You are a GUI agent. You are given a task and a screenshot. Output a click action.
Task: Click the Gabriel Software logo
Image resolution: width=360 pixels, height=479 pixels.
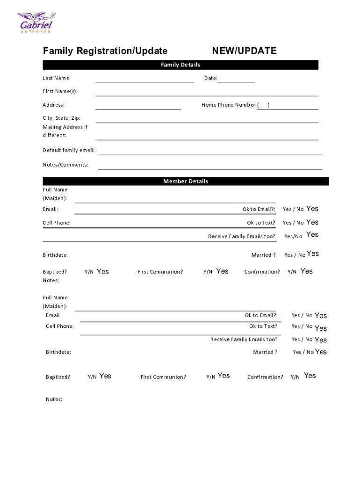pos(36,22)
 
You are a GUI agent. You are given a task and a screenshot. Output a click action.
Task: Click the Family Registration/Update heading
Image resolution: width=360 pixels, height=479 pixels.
pos(105,51)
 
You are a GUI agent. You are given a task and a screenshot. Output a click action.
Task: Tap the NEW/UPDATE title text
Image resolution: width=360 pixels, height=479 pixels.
pos(244,51)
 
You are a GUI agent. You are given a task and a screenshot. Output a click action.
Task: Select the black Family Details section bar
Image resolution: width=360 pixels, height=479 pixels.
pos(180,65)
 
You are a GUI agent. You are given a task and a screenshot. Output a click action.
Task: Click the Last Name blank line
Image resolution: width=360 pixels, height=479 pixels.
pos(144,81)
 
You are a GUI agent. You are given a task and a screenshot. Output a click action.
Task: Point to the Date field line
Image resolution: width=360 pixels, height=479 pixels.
pos(236,81)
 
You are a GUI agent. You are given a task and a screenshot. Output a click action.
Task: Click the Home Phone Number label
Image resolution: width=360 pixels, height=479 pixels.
pos(229,105)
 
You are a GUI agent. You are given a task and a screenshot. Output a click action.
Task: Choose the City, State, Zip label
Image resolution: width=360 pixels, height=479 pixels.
pos(62,118)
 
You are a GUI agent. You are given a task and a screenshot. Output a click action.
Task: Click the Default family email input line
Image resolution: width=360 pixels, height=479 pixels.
pos(210,153)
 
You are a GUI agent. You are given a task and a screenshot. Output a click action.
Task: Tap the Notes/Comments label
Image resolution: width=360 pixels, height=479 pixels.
pos(65,165)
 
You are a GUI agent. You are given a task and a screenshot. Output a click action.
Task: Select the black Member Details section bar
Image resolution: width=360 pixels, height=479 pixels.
pos(186,181)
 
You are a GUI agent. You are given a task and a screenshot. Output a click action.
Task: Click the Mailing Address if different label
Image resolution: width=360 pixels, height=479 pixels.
pos(65,131)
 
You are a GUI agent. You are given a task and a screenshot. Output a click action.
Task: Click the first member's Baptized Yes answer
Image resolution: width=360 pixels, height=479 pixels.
pos(103,272)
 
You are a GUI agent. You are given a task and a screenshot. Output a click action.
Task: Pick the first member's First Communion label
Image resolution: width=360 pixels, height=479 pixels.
pos(160,272)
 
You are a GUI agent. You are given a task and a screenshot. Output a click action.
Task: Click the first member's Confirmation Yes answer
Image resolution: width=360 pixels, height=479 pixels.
pos(307,271)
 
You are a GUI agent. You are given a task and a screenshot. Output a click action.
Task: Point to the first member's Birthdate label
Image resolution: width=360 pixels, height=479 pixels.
pos(56,255)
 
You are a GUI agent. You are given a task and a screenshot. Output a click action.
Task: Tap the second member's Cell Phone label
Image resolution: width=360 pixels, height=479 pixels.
pos(60,326)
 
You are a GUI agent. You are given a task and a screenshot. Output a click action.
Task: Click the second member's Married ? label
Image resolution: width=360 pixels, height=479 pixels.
pos(265,352)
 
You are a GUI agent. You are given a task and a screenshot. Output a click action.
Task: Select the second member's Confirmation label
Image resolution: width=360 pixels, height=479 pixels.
pos(265,377)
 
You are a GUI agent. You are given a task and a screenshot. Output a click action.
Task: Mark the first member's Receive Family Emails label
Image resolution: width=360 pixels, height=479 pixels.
pos(242,236)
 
